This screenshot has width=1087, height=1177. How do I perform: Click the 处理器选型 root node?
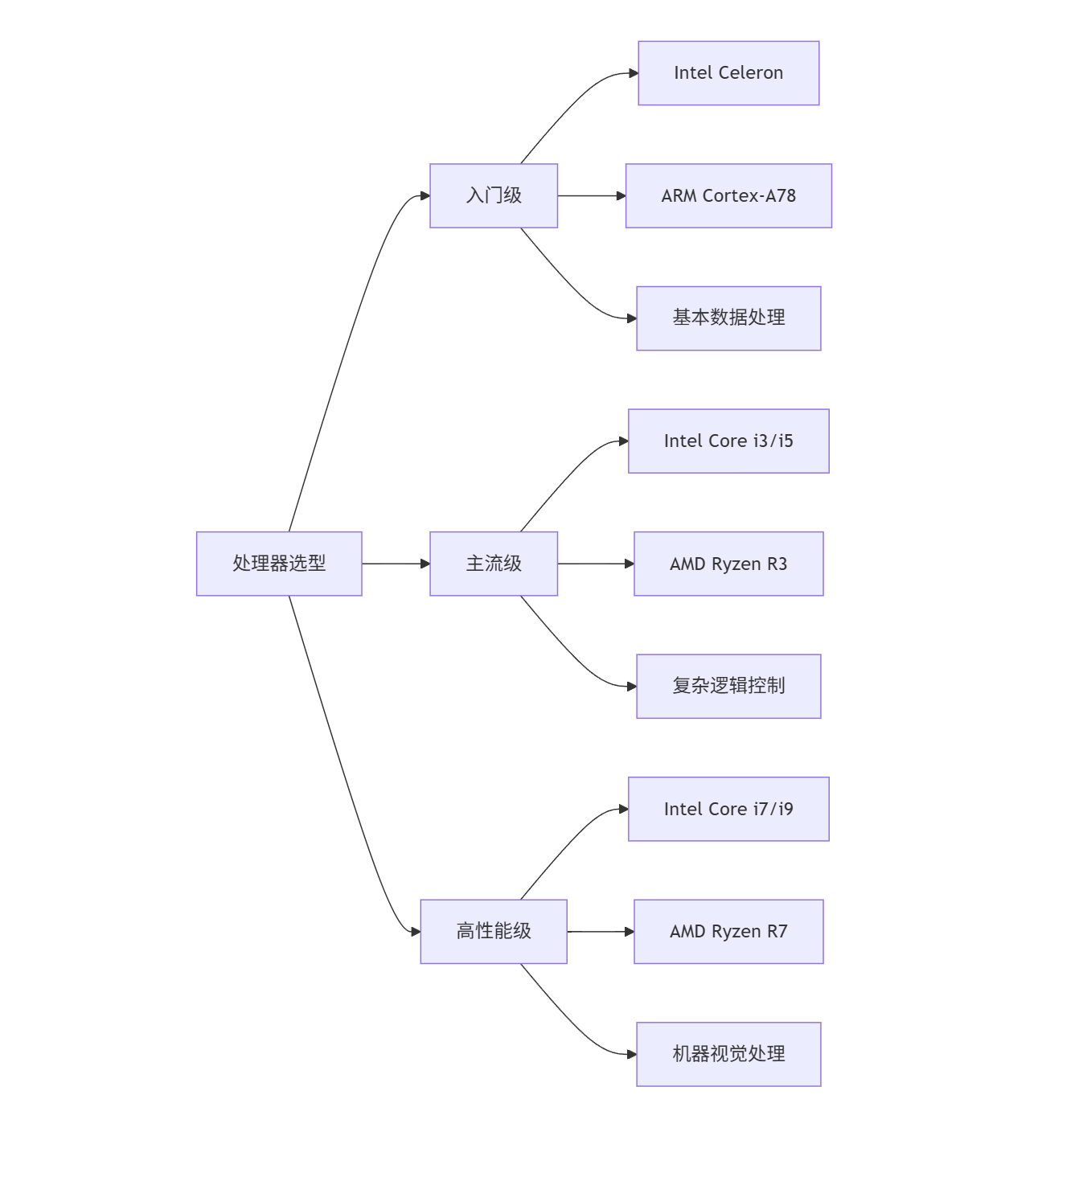[279, 564]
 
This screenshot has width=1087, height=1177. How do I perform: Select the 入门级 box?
[494, 195]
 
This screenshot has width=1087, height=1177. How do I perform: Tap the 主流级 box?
[494, 564]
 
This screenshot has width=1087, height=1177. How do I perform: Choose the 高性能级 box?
[494, 931]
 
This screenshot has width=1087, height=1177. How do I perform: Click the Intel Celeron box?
[728, 73]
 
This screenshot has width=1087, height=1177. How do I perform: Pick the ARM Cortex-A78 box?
[728, 195]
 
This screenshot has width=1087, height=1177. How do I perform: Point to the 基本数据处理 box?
[728, 318]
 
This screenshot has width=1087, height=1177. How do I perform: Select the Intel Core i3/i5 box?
[728, 441]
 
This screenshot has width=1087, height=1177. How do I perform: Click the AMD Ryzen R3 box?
[728, 564]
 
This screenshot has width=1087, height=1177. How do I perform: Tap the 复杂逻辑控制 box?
[728, 686]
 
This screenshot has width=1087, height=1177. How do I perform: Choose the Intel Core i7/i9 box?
[728, 809]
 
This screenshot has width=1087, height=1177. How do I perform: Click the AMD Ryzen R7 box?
[728, 931]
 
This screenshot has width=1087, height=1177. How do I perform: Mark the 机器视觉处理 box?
[728, 1054]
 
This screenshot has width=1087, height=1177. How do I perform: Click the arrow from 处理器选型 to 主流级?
[394, 564]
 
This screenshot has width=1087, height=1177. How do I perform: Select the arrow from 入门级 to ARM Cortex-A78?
[591, 195]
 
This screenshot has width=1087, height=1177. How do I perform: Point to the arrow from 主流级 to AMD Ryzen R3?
[595, 564]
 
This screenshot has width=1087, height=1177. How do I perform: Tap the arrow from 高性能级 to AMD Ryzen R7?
[599, 931]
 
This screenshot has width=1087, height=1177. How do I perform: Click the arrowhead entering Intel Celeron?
[634, 73]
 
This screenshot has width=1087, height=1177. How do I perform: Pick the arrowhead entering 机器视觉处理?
[632, 1054]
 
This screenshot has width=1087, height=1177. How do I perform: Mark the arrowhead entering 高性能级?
[416, 932]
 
